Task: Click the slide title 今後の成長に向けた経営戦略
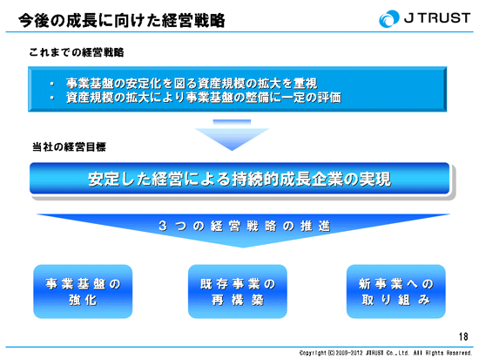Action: [122, 21]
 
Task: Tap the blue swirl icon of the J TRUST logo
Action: [389, 18]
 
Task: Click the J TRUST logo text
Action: [437, 18]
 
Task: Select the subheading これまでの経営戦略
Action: [77, 52]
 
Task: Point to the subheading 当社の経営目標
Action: [69, 147]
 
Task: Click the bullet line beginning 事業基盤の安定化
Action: [192, 83]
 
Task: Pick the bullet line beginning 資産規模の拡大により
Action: [204, 98]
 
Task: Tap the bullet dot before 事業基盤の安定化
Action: [52, 84]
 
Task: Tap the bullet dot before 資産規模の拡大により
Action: [52, 98]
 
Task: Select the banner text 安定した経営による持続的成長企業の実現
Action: [239, 179]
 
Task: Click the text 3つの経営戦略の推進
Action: [245, 226]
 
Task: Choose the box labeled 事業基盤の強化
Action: [83, 291]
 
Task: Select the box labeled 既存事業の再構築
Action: [238, 291]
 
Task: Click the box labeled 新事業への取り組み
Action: [396, 291]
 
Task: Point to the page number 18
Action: [463, 336]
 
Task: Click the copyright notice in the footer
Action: [386, 353]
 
